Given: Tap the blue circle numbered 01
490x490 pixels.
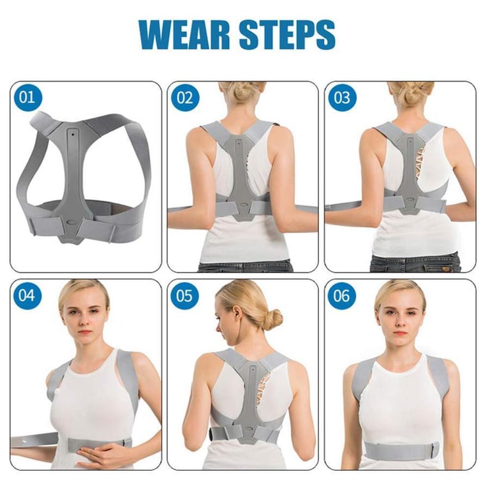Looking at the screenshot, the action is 27,97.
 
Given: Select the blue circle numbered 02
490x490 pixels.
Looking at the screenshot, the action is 184,98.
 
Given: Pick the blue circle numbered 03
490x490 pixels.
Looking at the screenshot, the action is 342,98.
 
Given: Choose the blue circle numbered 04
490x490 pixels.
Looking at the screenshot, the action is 27,295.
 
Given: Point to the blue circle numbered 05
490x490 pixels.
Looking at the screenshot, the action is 184,296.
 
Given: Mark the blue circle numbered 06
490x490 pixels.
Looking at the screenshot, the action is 342,296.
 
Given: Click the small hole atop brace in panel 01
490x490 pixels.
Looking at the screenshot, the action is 73,134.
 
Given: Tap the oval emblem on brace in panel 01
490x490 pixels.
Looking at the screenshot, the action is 73,221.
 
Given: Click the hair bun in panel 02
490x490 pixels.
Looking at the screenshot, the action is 242,91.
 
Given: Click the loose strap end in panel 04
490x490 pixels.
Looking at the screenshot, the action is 34,441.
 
